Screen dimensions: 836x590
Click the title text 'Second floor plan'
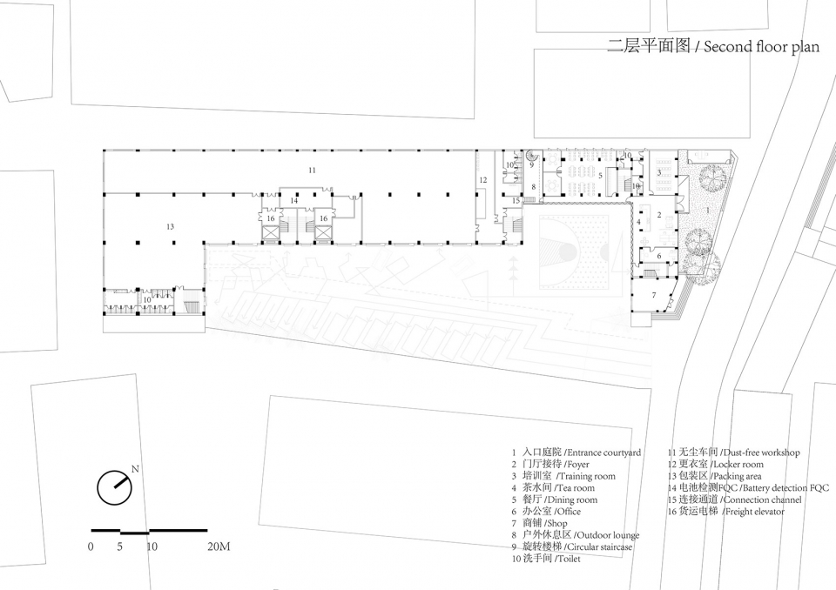(761, 47)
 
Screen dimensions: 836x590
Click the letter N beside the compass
(135, 469)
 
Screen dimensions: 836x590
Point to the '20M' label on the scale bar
(219, 546)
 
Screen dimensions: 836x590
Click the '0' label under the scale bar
(91, 546)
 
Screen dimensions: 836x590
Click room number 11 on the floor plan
(312, 170)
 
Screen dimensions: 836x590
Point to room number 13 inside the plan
(170, 226)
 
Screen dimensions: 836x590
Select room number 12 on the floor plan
(483, 180)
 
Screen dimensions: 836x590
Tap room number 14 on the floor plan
(294, 200)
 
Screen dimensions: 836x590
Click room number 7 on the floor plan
(654, 295)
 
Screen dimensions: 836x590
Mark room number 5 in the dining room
(600, 176)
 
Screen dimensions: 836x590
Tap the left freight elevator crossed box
(270, 233)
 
